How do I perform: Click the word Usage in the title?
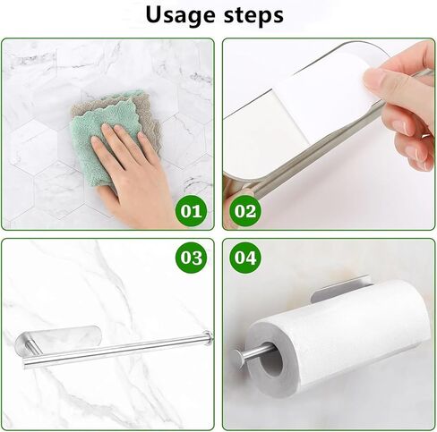178,15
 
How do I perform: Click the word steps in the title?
253,16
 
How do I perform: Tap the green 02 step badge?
244,213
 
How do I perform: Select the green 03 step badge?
192,259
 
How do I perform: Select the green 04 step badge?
244,259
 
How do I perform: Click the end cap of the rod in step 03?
208,337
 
